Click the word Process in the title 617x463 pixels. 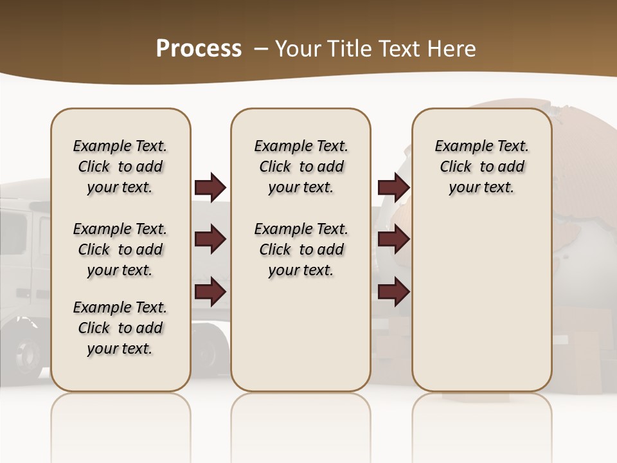tap(199, 49)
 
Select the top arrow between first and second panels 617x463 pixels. tap(210, 187)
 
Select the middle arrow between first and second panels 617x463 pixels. tap(210, 239)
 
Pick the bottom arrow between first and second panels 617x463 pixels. tap(210, 292)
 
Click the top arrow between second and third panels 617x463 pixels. tap(393, 187)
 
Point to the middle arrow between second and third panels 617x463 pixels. tap(393, 239)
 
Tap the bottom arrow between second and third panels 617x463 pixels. tap(393, 292)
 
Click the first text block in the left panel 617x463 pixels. tap(120, 167)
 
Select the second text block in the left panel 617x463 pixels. tap(120, 250)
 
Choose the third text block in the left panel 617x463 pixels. tap(120, 328)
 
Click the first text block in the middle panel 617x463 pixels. tap(301, 167)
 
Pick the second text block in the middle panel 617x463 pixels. tap(301, 250)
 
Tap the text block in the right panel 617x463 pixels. tap(481, 167)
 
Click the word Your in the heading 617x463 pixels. tap(299, 49)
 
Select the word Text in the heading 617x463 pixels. tap(400, 49)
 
